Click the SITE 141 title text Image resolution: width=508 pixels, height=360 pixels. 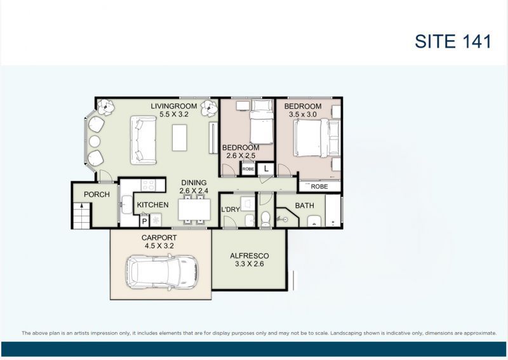coord(453,41)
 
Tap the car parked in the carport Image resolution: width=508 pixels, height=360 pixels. coord(162,272)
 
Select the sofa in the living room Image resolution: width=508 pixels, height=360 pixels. coord(143,140)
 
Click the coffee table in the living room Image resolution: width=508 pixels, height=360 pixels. coord(180,137)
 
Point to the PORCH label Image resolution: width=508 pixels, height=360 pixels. coord(97,195)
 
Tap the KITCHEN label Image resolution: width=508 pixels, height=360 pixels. coord(152,205)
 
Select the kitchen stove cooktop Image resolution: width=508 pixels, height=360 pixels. coord(147,185)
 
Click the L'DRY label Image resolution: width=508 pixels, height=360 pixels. coord(229,210)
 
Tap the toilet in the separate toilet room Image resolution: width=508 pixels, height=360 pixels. coord(266,218)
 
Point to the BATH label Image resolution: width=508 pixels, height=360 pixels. coord(304,206)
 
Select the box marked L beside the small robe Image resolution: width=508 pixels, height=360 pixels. coord(266,169)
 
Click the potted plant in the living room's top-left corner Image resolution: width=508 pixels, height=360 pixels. coord(106,107)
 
